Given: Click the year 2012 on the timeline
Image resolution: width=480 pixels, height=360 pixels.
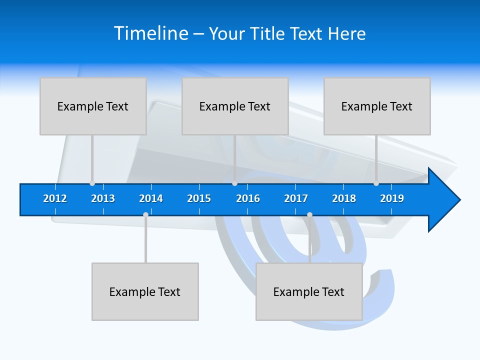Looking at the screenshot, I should click(x=55, y=198).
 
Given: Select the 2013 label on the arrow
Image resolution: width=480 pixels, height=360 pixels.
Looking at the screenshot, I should click(x=103, y=198).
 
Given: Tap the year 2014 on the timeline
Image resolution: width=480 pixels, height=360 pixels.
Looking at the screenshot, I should click(x=151, y=198).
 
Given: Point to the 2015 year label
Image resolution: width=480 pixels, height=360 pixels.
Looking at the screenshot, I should click(x=199, y=198).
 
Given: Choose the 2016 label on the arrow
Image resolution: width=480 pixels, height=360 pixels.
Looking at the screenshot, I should click(x=248, y=198).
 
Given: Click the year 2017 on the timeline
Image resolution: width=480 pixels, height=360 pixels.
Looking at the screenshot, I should click(x=296, y=198).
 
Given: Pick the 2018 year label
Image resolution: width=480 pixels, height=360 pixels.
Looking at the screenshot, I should click(x=344, y=198).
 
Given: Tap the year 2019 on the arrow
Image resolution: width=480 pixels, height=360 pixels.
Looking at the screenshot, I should click(x=392, y=198).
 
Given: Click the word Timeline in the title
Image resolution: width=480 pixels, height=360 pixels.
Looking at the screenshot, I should click(x=151, y=33).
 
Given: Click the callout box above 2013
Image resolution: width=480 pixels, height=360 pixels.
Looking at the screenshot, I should click(x=93, y=106).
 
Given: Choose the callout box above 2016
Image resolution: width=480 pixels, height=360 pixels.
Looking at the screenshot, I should click(x=235, y=106).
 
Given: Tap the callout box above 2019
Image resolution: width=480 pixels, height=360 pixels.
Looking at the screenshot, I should click(x=377, y=106).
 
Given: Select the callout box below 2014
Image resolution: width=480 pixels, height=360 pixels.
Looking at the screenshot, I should click(x=145, y=291).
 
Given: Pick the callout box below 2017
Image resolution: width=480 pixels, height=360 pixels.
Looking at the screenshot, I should click(x=309, y=291).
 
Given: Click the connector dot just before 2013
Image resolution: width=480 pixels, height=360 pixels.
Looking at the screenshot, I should click(x=92, y=183).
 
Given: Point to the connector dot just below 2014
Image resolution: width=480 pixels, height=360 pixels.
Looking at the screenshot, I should click(x=145, y=214).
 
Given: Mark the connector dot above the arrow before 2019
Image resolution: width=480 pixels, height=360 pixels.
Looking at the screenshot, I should click(x=376, y=183).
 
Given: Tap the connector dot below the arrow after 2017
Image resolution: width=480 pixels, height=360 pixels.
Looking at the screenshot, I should click(x=309, y=214).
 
